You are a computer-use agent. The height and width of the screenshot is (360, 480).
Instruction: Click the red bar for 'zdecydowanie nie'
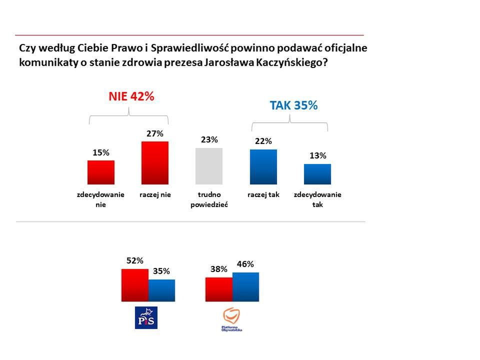(101, 172)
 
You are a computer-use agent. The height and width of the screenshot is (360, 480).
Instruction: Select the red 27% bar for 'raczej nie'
(155, 162)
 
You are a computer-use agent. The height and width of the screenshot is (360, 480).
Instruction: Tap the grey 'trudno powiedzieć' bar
(209, 166)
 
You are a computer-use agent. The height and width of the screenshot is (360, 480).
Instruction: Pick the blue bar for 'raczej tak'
(263, 166)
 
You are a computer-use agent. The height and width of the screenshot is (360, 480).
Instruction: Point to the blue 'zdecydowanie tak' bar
(317, 174)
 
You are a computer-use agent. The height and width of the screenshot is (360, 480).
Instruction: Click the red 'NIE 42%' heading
(131, 97)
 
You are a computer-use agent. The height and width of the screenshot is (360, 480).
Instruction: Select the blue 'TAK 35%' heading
(293, 105)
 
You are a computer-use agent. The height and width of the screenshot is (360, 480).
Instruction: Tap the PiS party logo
(146, 317)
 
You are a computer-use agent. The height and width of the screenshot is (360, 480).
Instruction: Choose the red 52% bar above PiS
(135, 285)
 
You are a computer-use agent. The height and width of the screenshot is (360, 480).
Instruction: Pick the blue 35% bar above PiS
(161, 290)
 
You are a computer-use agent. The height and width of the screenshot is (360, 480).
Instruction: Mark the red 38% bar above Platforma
(219, 289)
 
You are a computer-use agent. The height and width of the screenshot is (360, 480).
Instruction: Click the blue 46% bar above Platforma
(245, 286)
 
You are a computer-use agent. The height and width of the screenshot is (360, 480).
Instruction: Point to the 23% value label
(209, 140)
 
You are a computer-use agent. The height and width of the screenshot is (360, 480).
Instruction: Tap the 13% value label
(317, 155)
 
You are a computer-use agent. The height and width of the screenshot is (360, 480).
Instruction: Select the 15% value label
(101, 152)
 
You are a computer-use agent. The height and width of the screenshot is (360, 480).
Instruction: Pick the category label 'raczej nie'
(155, 194)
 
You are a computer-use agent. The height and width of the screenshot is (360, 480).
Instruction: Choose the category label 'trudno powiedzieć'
(209, 199)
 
